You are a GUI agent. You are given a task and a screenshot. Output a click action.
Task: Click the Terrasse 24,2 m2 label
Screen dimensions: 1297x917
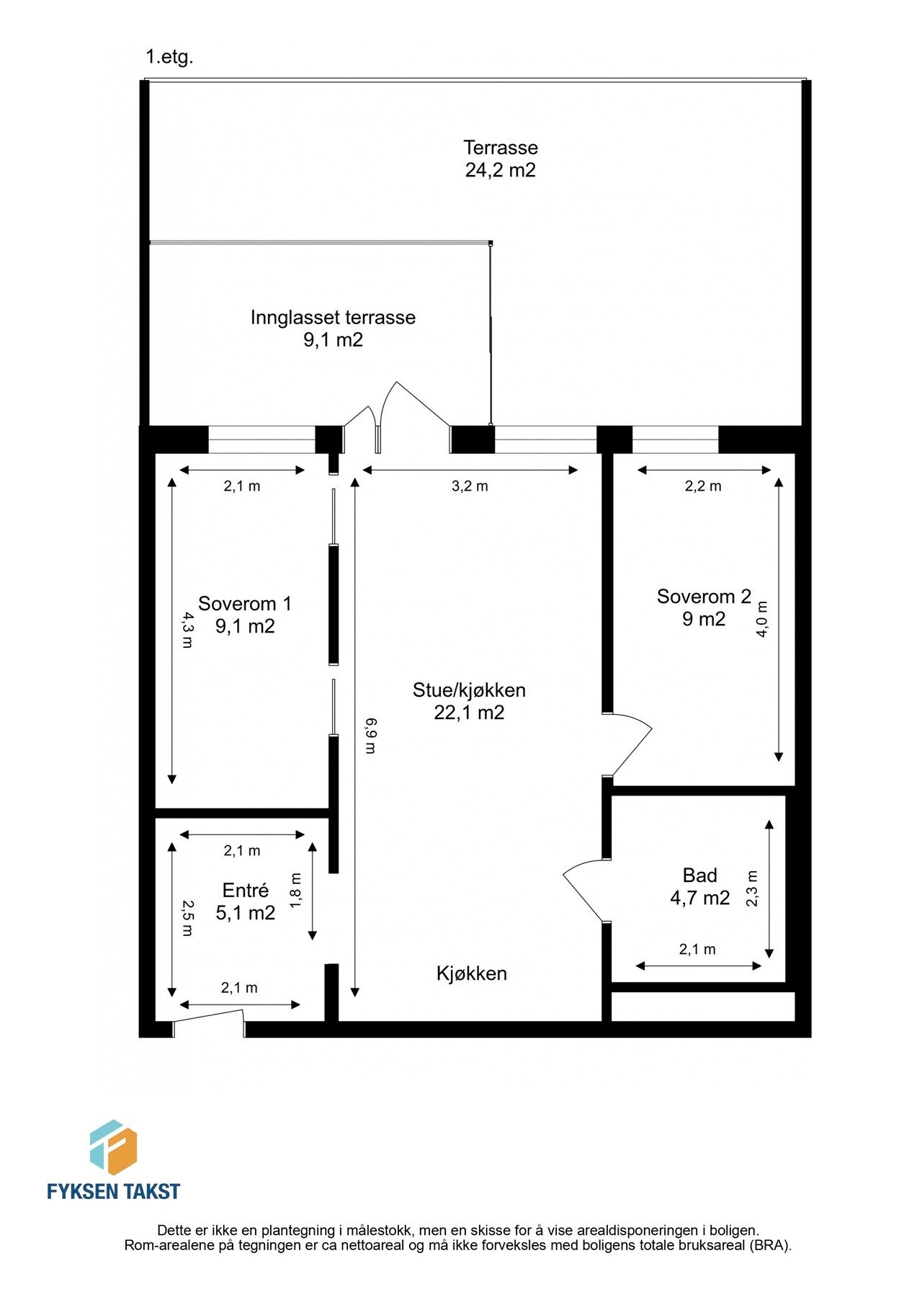(x=500, y=159)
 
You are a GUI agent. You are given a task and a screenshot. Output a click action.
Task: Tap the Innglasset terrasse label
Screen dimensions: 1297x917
(x=333, y=328)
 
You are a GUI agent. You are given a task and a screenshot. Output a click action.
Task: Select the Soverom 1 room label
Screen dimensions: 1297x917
(x=245, y=615)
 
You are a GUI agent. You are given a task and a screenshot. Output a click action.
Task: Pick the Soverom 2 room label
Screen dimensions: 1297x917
(x=704, y=607)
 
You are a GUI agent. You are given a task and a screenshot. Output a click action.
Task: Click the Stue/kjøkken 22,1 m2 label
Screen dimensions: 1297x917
(x=469, y=701)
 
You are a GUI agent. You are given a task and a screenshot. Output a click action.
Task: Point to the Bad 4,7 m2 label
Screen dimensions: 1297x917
(x=699, y=886)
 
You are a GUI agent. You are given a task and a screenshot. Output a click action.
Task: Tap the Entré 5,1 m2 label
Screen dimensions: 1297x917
(x=245, y=901)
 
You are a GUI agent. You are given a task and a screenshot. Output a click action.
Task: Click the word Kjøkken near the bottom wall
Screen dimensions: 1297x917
(x=472, y=973)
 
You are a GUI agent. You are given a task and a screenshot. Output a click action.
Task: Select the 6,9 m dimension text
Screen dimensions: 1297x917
(x=370, y=735)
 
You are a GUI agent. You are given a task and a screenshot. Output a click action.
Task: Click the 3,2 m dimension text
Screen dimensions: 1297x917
(x=470, y=486)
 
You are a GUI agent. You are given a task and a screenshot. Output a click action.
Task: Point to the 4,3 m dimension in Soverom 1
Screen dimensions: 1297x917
(x=187, y=630)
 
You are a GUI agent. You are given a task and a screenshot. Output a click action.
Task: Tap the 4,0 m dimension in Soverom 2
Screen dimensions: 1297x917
(x=763, y=618)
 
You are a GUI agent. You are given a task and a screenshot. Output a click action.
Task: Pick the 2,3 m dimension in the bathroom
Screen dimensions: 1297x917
(x=753, y=888)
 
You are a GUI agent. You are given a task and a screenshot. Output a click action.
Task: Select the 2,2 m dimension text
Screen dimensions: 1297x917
(x=703, y=486)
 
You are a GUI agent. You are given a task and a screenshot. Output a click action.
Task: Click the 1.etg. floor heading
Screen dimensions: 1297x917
(x=169, y=58)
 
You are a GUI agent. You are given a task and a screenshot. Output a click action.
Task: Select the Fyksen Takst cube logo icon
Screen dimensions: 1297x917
(x=113, y=1147)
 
